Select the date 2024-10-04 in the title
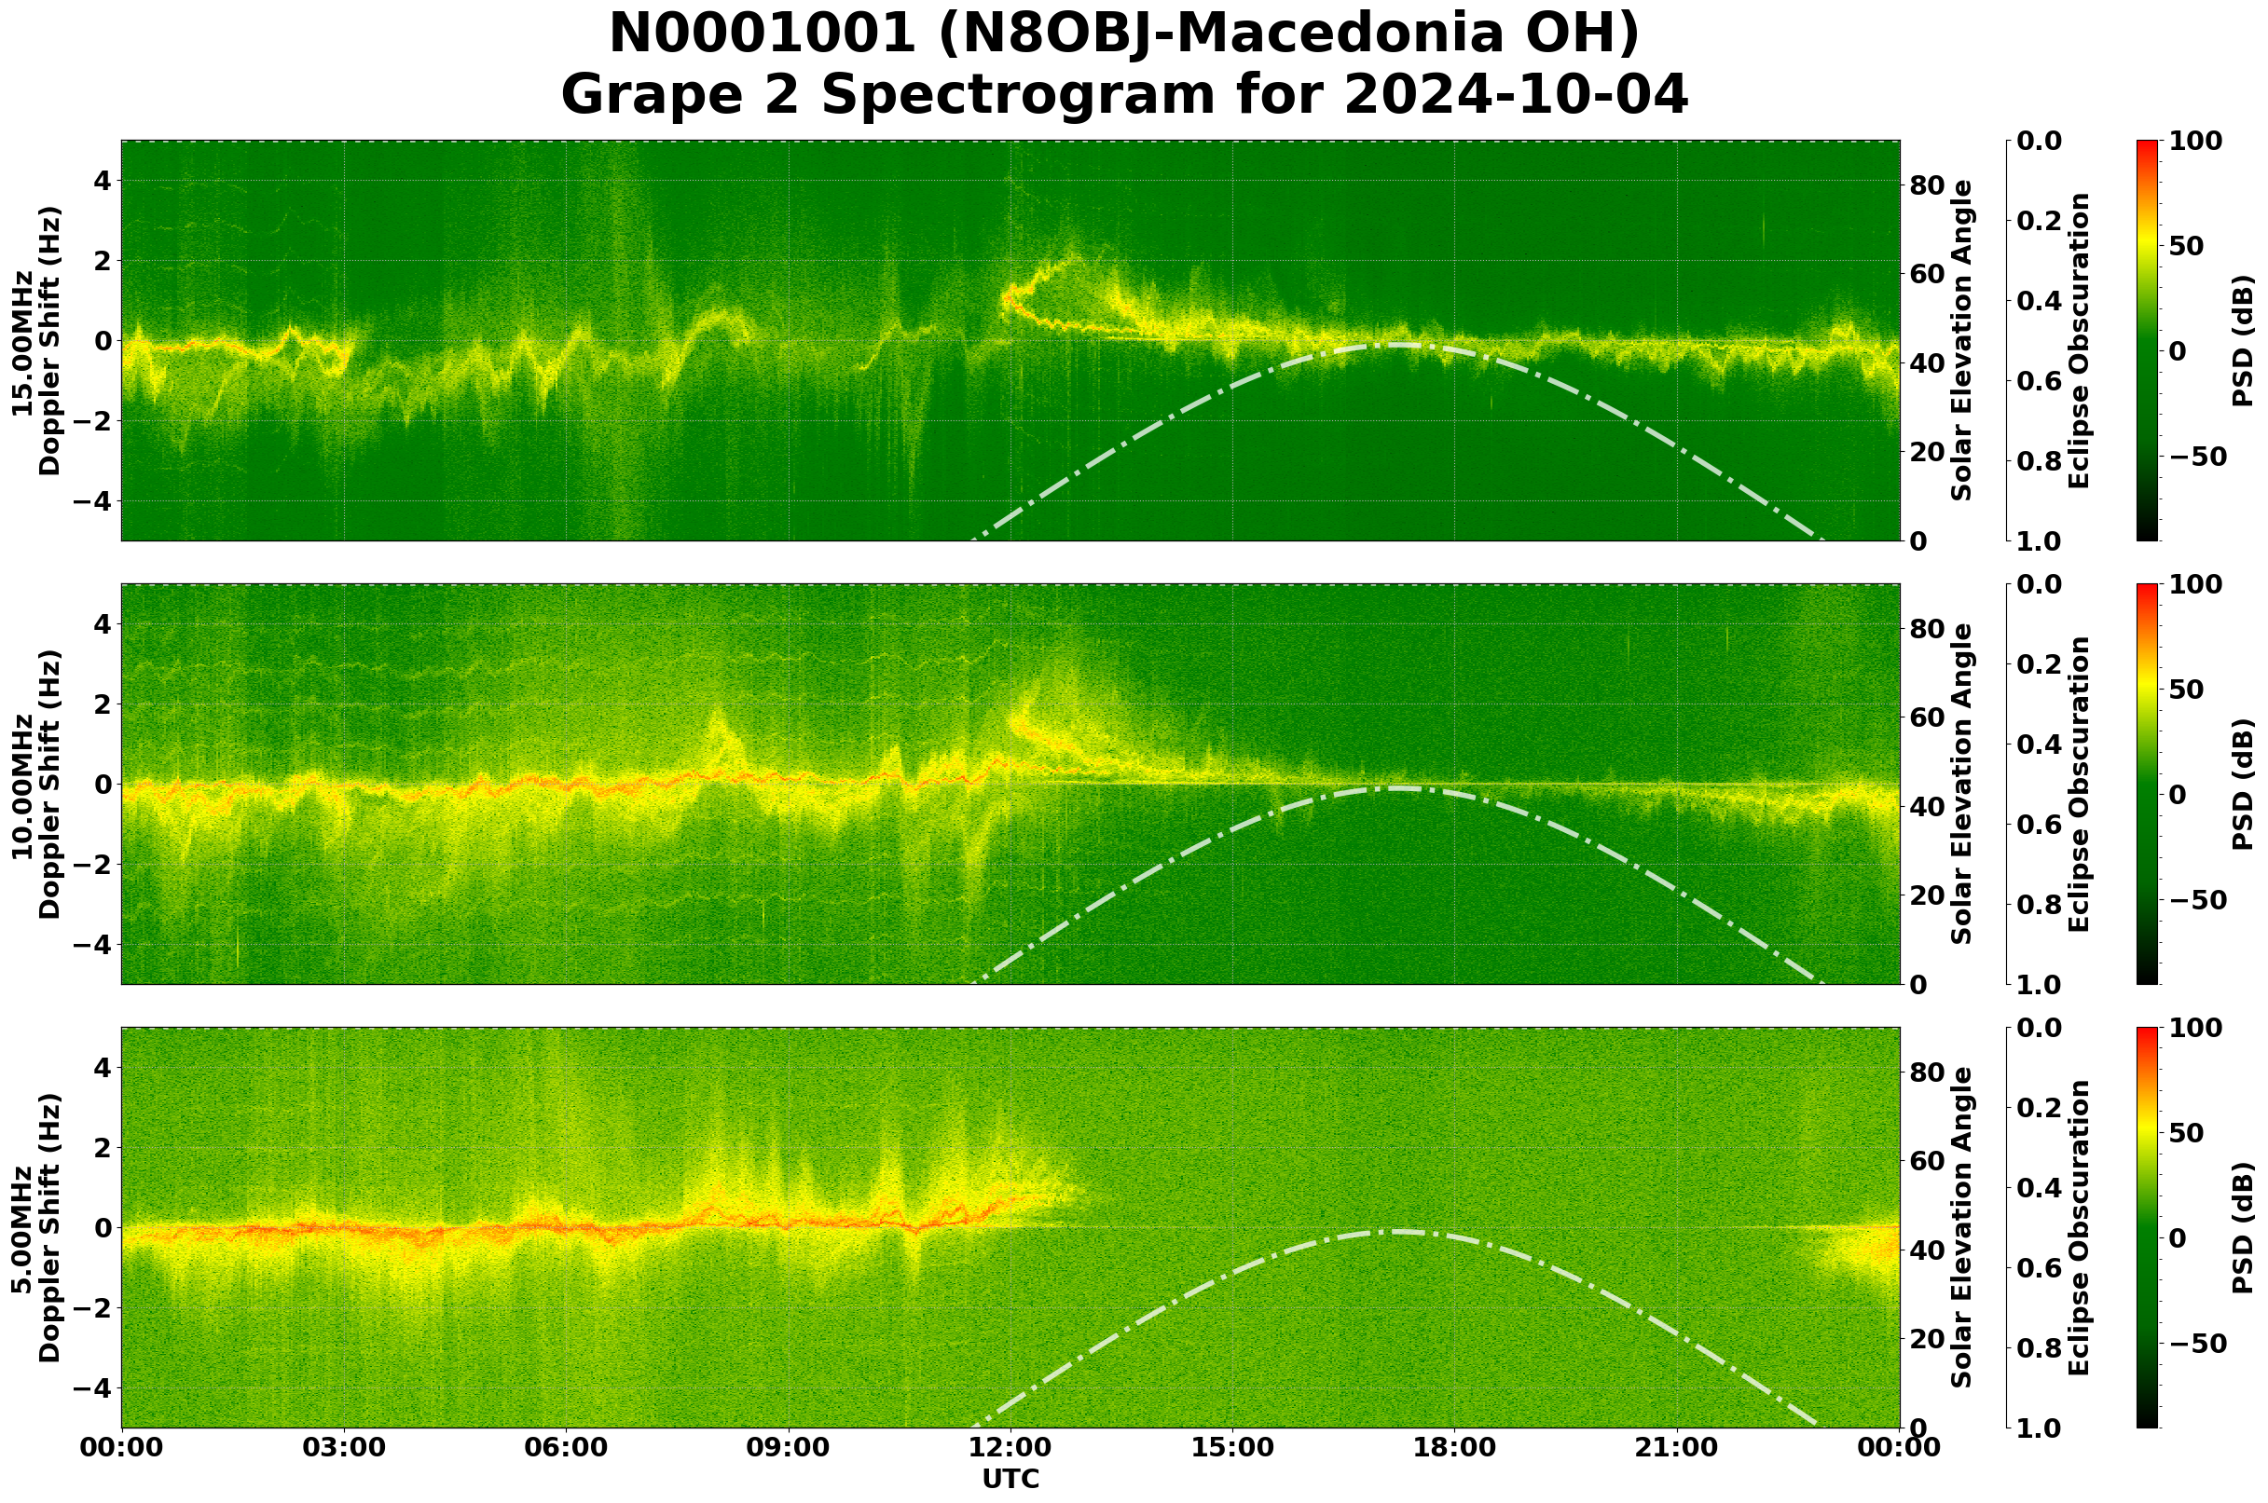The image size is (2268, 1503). tap(1516, 95)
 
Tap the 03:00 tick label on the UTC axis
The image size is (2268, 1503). tap(344, 1447)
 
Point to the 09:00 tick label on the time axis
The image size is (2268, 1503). tap(789, 1447)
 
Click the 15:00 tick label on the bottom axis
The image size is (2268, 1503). tap(1232, 1447)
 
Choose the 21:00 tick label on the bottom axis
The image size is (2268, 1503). tap(1677, 1447)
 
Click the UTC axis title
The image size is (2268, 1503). tap(1010, 1479)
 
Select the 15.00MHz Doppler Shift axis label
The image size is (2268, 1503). tap(35, 341)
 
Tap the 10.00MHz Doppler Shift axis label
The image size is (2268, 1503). tap(35, 784)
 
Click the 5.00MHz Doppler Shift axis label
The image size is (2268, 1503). tap(35, 1228)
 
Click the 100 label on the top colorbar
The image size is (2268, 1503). tap(2196, 141)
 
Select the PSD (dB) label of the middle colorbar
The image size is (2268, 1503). tap(2241, 784)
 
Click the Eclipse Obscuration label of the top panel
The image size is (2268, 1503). tap(2078, 341)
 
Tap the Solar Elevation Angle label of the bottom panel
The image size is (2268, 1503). tap(1962, 1228)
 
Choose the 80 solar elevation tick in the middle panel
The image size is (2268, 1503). tap(1927, 629)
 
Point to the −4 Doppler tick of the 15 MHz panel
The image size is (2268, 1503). tap(92, 501)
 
